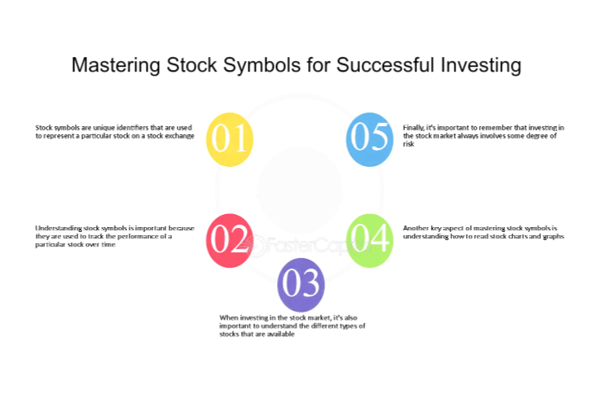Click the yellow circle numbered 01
point(230,139)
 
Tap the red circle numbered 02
point(230,240)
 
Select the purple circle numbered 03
point(301,285)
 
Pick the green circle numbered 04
point(369,240)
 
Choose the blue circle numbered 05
point(369,139)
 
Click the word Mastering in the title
point(116,65)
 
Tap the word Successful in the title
point(385,64)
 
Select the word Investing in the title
point(481,65)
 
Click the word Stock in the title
point(191,64)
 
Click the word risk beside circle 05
point(408,144)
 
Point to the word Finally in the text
point(413,128)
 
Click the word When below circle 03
point(228,317)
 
